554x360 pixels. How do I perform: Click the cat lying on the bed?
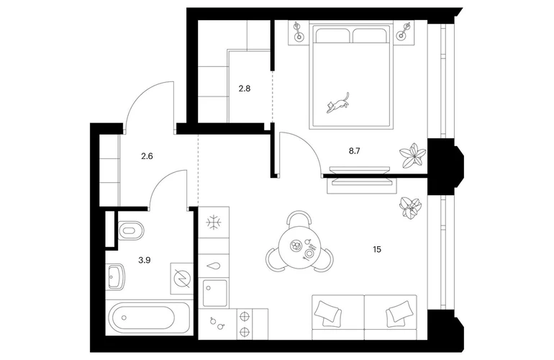click(x=337, y=104)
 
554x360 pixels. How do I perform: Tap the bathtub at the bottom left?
click(x=148, y=318)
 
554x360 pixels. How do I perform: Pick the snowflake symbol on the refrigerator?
click(x=213, y=222)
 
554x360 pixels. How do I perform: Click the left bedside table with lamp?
click(x=297, y=31)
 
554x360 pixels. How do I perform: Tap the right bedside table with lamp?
click(x=408, y=31)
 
